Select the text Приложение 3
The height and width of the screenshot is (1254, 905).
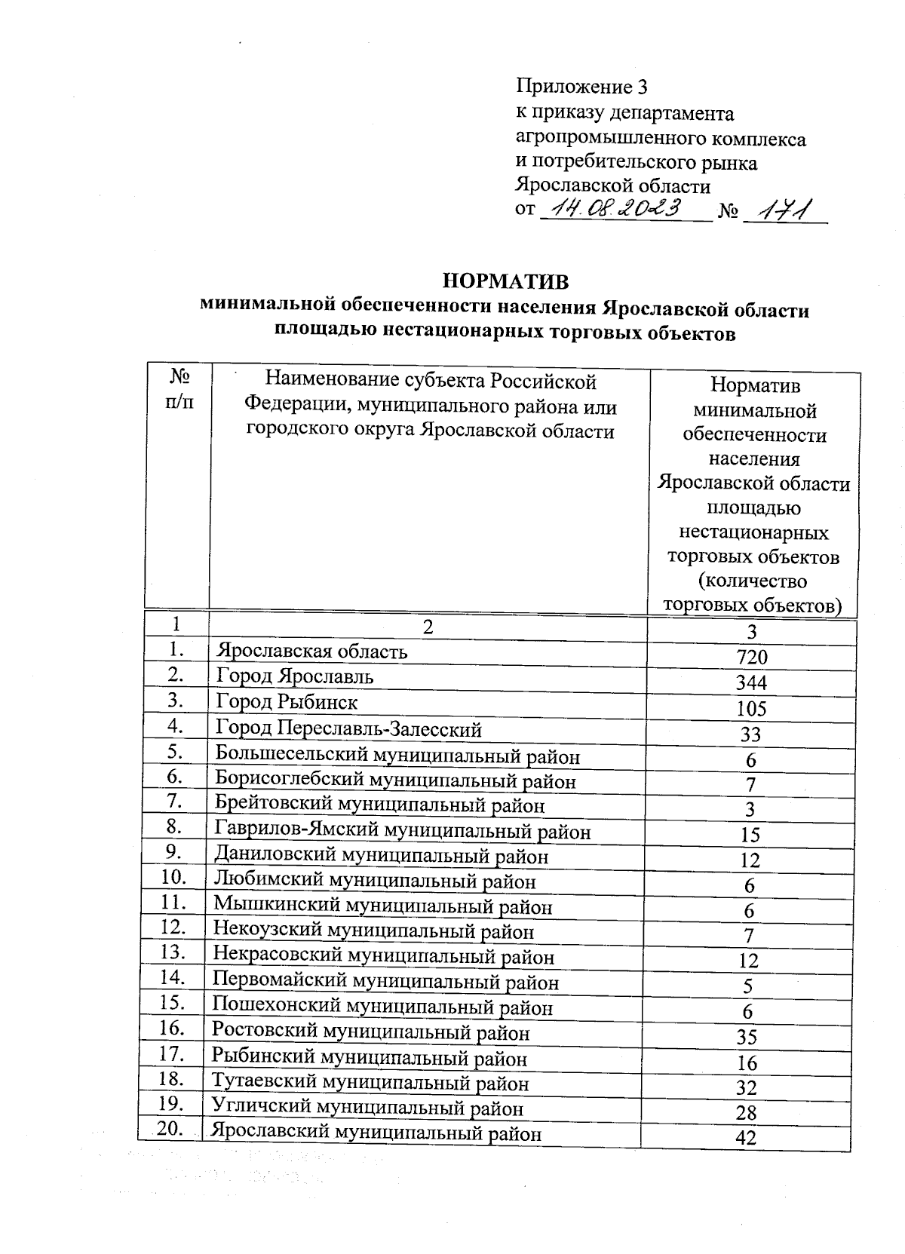pyautogui.click(x=581, y=87)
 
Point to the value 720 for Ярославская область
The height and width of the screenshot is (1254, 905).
pyautogui.click(x=751, y=657)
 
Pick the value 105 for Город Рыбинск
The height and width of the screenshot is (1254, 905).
pyautogui.click(x=751, y=708)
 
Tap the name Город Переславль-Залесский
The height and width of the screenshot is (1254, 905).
pyautogui.click(x=348, y=728)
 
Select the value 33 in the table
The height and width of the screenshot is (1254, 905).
pyautogui.click(x=750, y=734)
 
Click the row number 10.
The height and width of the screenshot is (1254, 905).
pyautogui.click(x=173, y=876)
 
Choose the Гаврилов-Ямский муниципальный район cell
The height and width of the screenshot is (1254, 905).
pyautogui.click(x=402, y=831)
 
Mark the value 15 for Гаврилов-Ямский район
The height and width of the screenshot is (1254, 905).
pyautogui.click(x=750, y=835)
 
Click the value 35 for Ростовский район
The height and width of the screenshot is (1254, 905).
pyautogui.click(x=747, y=1037)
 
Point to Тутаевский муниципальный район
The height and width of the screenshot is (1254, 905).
pyautogui.click(x=370, y=1083)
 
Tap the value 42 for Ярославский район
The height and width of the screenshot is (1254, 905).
pyautogui.click(x=745, y=1138)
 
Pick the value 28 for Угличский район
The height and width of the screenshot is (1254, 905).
pyautogui.click(x=746, y=1113)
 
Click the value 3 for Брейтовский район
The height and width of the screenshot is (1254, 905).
pyautogui.click(x=750, y=809)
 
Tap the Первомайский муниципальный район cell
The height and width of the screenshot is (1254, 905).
pyautogui.click(x=385, y=982)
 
